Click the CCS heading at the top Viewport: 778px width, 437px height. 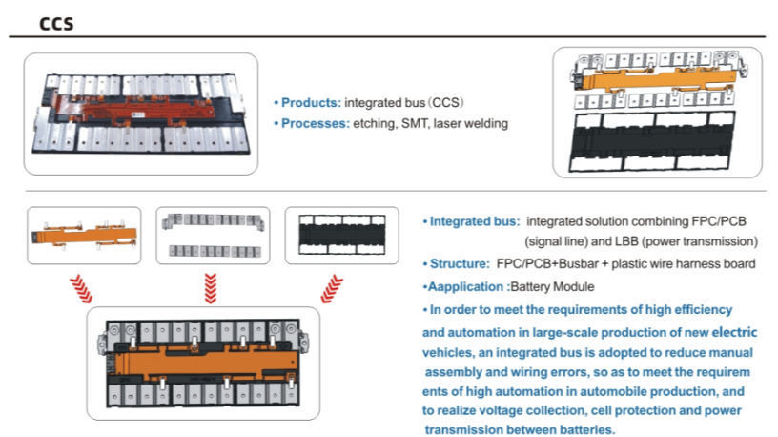coord(56,24)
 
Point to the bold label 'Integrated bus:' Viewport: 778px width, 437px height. coord(471,220)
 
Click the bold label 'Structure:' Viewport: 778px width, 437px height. coord(456,262)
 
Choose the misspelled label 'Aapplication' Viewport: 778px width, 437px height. coord(465,285)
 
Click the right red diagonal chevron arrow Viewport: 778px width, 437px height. coord(332,285)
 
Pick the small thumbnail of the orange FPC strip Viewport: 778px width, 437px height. coord(84,235)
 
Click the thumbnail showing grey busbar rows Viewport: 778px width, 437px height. coord(212,235)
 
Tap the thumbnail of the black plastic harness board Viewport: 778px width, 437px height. coord(341,235)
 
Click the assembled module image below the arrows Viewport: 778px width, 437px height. coord(203,362)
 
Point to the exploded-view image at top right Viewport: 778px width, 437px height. coord(657,113)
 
